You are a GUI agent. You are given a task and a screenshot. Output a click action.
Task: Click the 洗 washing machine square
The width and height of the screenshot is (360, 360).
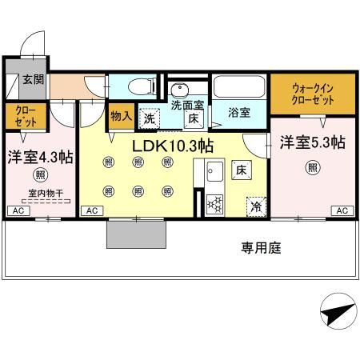pyautogui.click(x=150, y=118)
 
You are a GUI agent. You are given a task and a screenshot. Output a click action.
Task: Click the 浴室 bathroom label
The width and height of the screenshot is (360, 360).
pyautogui.click(x=239, y=113)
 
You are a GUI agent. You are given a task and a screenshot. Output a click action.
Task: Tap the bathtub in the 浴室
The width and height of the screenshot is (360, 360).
pyautogui.click(x=238, y=85)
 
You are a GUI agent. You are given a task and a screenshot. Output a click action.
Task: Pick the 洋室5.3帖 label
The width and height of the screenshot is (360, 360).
pyautogui.click(x=312, y=142)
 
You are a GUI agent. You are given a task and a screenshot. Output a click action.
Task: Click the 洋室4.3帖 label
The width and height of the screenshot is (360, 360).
pyautogui.click(x=40, y=157)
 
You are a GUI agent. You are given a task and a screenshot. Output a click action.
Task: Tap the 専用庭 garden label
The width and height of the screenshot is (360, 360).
pyautogui.click(x=262, y=248)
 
